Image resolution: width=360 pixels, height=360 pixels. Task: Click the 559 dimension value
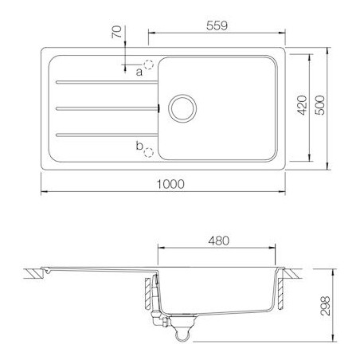pyautogui.click(x=217, y=25)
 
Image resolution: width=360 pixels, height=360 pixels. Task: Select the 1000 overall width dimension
pyautogui.click(x=170, y=184)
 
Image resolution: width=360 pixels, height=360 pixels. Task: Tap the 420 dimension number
pyautogui.click(x=302, y=105)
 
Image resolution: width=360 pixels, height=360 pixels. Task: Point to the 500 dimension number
pyautogui.click(x=319, y=105)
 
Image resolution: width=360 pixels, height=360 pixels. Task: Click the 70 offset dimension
pyautogui.click(x=116, y=32)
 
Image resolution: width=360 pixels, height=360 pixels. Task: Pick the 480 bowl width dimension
pyautogui.click(x=218, y=241)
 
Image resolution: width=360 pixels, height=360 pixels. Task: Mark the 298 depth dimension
pyautogui.click(x=325, y=306)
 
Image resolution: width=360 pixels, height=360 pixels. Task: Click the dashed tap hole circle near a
pyautogui.click(x=148, y=65)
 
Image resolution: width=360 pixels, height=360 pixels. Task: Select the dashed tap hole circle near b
pyautogui.click(x=149, y=152)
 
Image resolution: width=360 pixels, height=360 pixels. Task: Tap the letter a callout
pyautogui.click(x=139, y=72)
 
